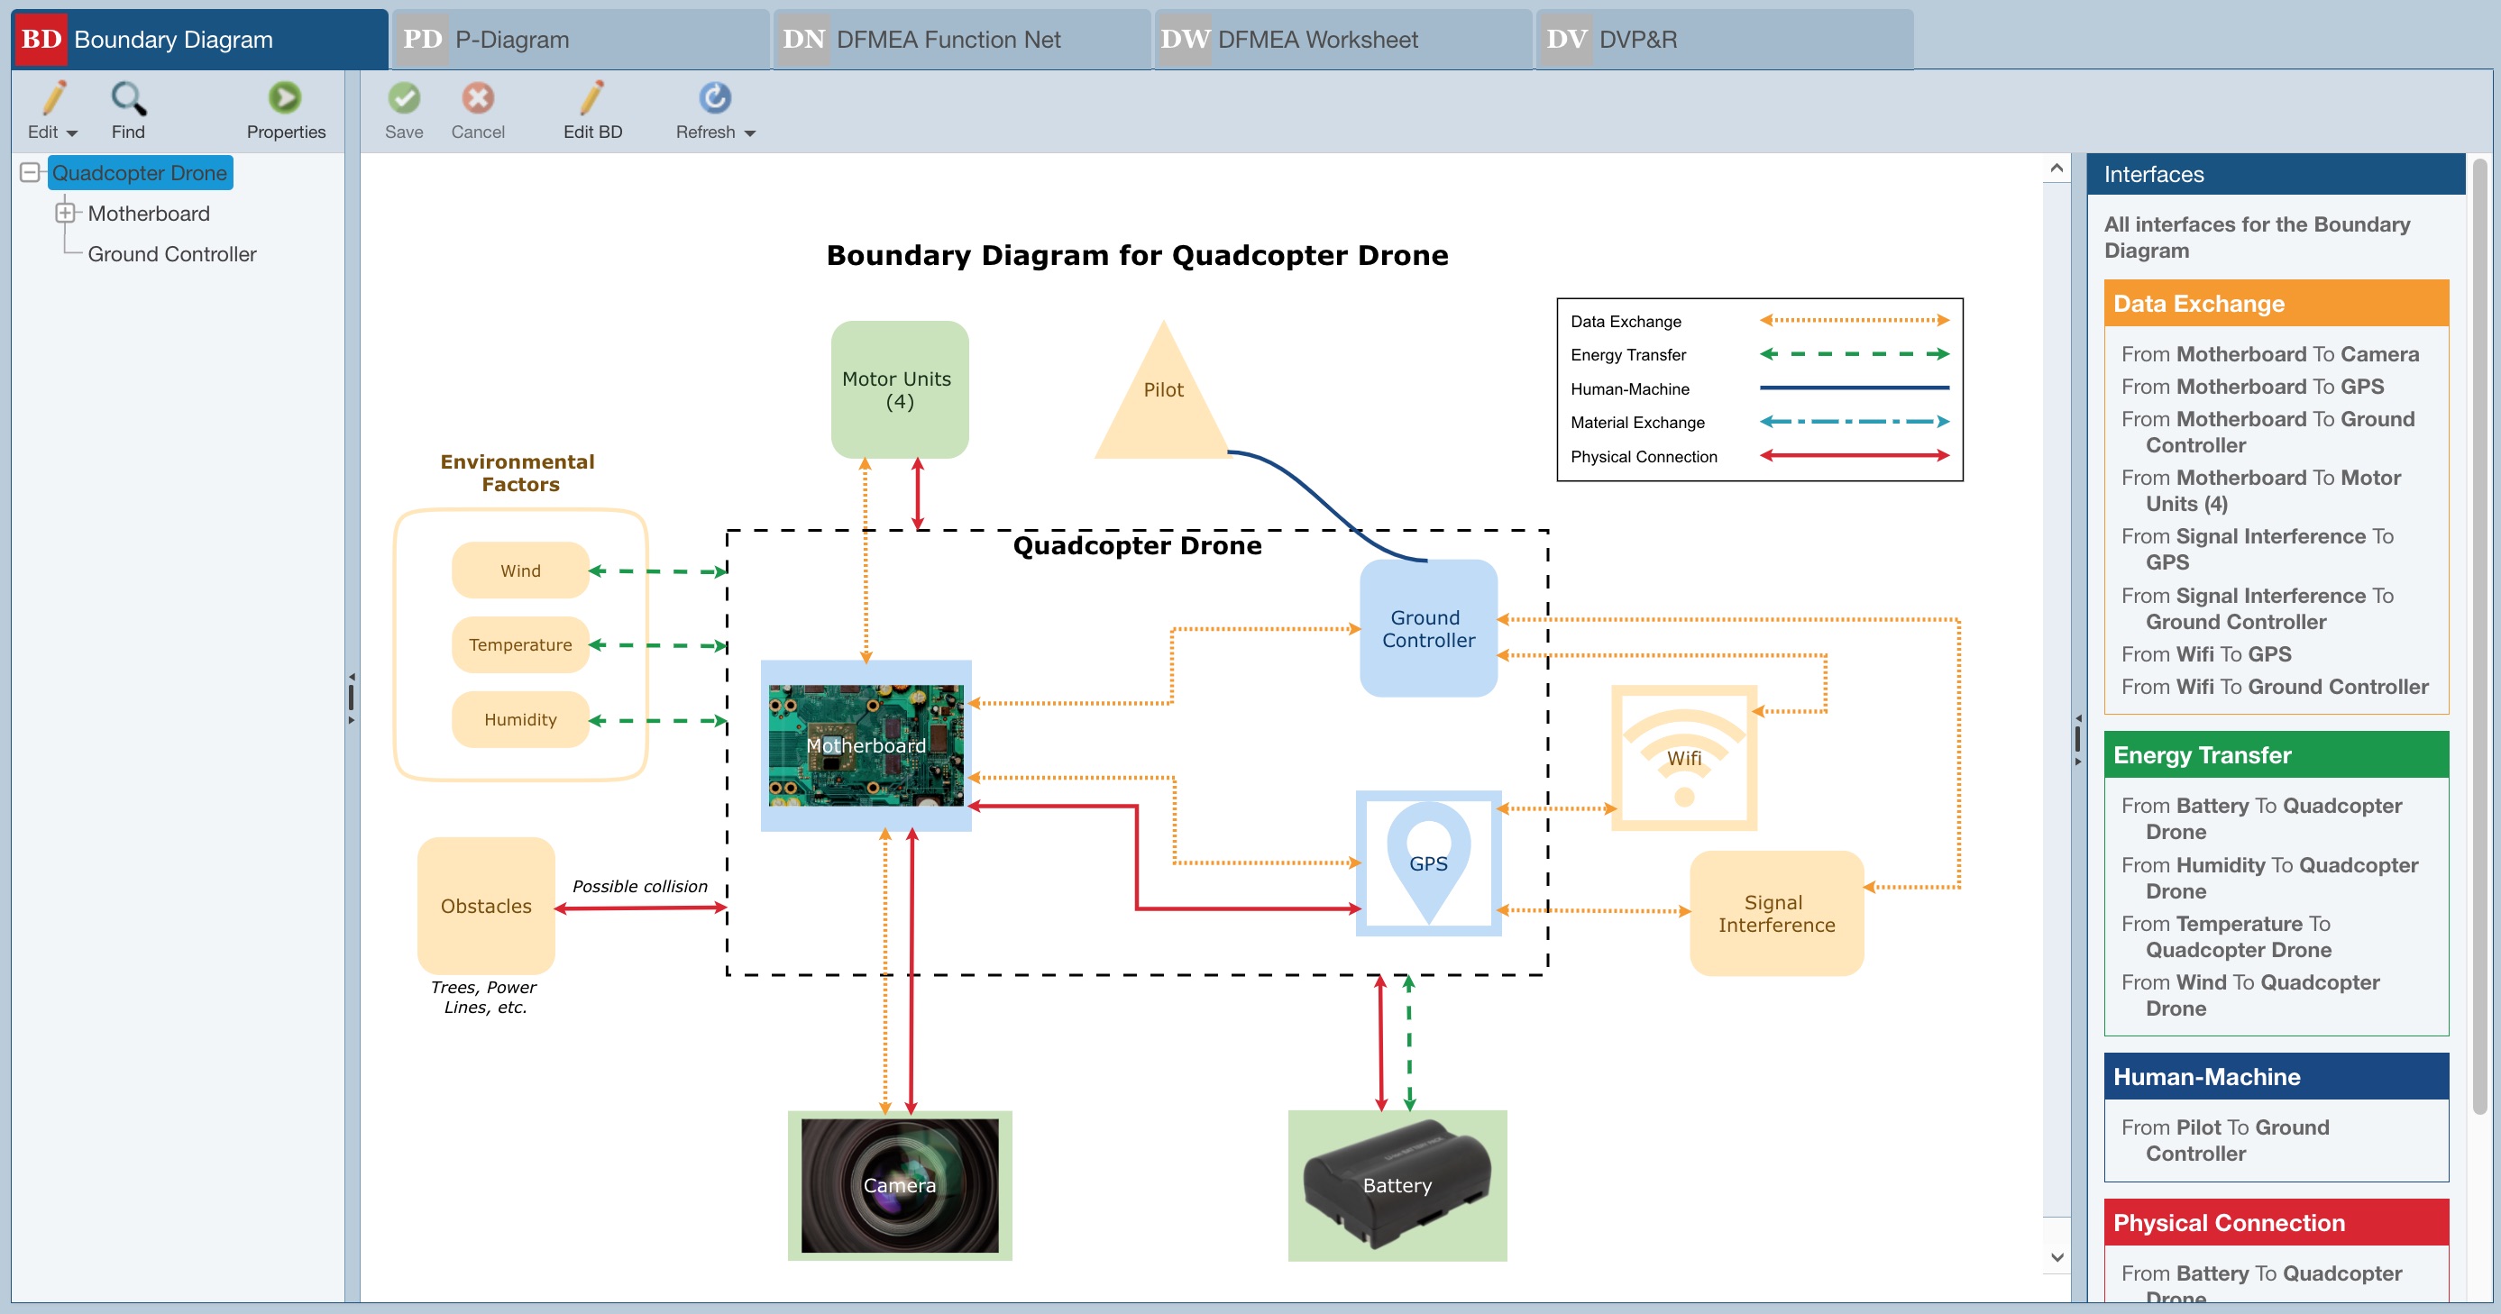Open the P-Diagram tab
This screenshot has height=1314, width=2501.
point(580,40)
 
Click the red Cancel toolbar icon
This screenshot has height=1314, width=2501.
point(478,98)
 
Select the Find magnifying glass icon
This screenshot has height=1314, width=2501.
point(128,98)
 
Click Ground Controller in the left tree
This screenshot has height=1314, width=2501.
point(172,254)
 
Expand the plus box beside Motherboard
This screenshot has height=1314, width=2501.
point(65,213)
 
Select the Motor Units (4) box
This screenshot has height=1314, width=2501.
point(898,390)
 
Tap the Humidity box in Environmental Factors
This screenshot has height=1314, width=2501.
point(520,719)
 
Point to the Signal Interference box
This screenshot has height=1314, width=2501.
point(1776,913)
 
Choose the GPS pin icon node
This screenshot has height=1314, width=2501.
point(1427,862)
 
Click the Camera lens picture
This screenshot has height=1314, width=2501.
point(899,1185)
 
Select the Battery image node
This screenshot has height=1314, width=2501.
point(1397,1185)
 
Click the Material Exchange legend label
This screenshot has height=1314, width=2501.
point(1637,422)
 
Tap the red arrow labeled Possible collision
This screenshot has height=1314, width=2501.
point(641,908)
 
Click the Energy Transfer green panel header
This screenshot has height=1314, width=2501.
point(2275,755)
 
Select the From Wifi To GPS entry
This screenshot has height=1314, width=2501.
point(2206,654)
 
